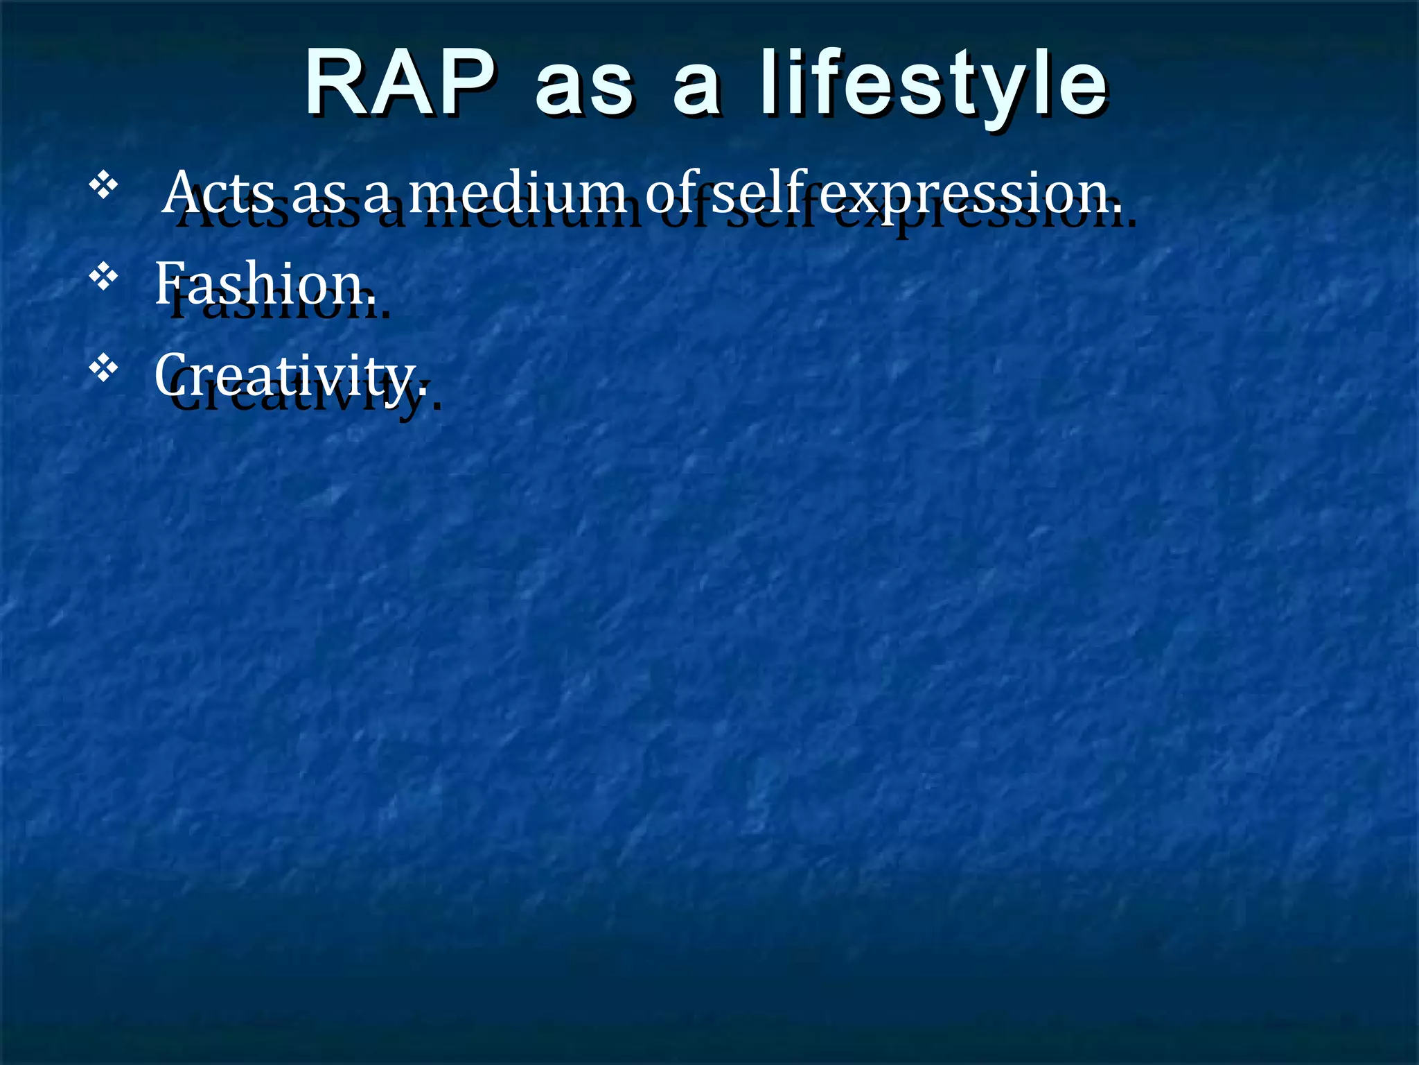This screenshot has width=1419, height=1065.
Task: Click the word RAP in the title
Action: (x=400, y=83)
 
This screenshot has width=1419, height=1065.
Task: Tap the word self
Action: (x=759, y=192)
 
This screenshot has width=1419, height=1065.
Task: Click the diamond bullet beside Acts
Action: (x=103, y=186)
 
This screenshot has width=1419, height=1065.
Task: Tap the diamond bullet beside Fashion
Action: (x=103, y=277)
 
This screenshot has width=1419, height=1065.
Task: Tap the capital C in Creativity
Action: (x=170, y=374)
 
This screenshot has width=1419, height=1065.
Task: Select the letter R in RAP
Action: (x=336, y=83)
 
